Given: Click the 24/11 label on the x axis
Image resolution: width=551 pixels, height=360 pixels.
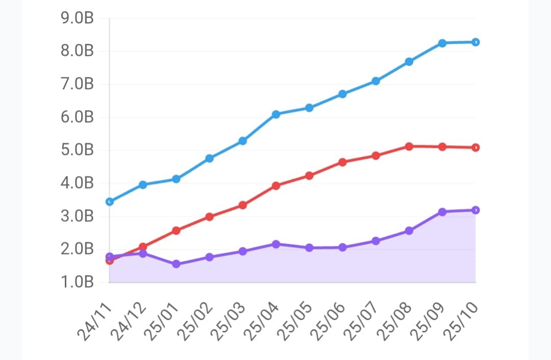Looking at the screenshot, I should pyautogui.click(x=96, y=320).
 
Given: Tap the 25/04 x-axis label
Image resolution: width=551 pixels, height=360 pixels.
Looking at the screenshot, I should pyautogui.click(x=262, y=320).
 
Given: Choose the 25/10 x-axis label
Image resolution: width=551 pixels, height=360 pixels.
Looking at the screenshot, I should pyautogui.click(x=462, y=320).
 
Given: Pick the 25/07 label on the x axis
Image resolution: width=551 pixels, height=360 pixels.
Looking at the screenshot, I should pyautogui.click(x=362, y=320).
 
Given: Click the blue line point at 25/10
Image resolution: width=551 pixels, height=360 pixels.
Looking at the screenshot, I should pyautogui.click(x=475, y=42).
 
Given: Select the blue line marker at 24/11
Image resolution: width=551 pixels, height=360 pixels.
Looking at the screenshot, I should pyautogui.click(x=110, y=201).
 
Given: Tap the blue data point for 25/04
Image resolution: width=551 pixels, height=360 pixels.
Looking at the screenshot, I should pyautogui.click(x=276, y=114).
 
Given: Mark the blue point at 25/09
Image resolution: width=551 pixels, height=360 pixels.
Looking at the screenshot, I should pyautogui.click(x=442, y=43).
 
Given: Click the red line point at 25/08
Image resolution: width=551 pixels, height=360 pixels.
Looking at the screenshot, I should pyautogui.click(x=409, y=146).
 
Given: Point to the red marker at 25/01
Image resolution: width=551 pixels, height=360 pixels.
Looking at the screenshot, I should pyautogui.click(x=176, y=230).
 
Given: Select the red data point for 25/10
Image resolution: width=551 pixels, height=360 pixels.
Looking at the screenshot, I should pyautogui.click(x=475, y=147).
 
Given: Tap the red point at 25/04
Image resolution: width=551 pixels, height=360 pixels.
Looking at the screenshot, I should pyautogui.click(x=276, y=186).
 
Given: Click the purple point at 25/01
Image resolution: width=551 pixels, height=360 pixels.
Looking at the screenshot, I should pyautogui.click(x=176, y=264).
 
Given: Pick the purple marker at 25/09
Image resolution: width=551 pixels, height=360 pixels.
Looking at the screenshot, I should pyautogui.click(x=442, y=212).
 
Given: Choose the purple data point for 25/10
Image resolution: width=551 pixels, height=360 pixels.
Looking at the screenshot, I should pyautogui.click(x=475, y=210).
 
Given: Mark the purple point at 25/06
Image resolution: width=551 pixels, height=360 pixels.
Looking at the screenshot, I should pyautogui.click(x=342, y=247).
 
